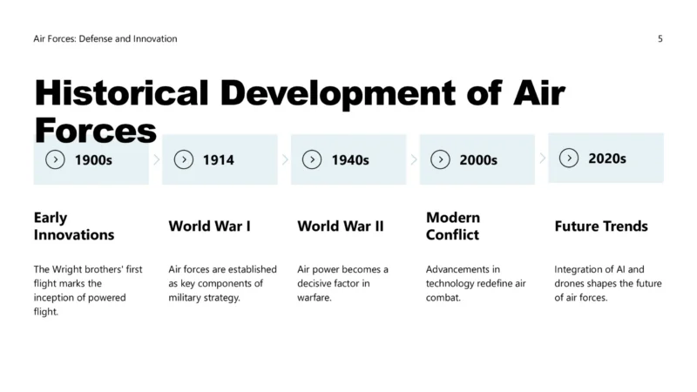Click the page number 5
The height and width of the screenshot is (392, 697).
(x=660, y=38)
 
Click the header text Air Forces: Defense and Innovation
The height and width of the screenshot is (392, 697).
(x=105, y=38)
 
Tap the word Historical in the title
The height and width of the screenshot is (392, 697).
(x=121, y=93)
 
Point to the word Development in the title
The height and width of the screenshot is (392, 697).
(x=338, y=94)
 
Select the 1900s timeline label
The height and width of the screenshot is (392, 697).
(x=93, y=160)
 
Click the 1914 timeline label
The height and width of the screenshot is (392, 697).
(x=219, y=160)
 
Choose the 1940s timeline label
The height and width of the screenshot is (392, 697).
(x=350, y=160)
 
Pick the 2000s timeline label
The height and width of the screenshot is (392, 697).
(x=478, y=160)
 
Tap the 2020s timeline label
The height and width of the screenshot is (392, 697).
(x=607, y=159)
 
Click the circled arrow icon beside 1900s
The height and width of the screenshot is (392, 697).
(x=55, y=159)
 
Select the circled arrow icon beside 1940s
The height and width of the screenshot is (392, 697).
(x=312, y=159)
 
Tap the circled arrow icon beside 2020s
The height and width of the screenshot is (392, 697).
(x=569, y=159)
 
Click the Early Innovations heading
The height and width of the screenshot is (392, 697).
(x=74, y=226)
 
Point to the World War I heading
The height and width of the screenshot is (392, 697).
(x=209, y=226)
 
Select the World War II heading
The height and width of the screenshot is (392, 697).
(x=341, y=226)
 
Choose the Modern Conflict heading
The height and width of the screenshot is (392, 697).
(x=453, y=226)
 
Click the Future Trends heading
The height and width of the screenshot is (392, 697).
(x=601, y=226)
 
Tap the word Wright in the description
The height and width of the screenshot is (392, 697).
(x=67, y=269)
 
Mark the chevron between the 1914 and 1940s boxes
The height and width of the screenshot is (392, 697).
(x=285, y=159)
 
